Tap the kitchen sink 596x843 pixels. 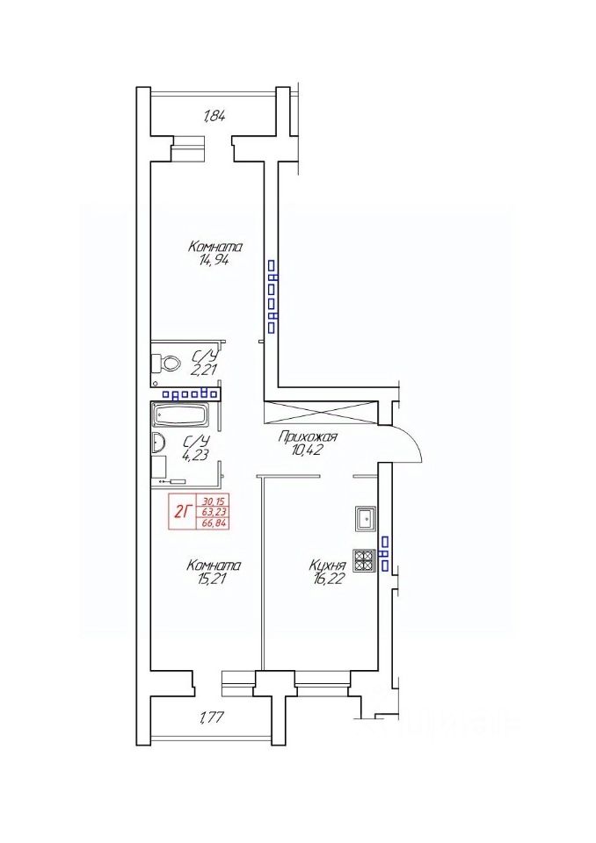pyautogui.click(x=366, y=519)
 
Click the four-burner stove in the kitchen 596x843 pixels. pyautogui.click(x=365, y=561)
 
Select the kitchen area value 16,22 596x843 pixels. pyautogui.click(x=327, y=579)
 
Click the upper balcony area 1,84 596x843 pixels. pyautogui.click(x=214, y=116)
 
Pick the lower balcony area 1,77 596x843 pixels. pyautogui.click(x=214, y=717)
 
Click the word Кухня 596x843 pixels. pyautogui.click(x=327, y=566)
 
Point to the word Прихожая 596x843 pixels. pyautogui.click(x=307, y=437)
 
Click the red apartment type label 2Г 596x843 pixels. pyautogui.click(x=182, y=511)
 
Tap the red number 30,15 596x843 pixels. pyautogui.click(x=214, y=501)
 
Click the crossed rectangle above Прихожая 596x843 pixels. pyautogui.click(x=320, y=411)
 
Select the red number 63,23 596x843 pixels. pyautogui.click(x=214, y=512)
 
